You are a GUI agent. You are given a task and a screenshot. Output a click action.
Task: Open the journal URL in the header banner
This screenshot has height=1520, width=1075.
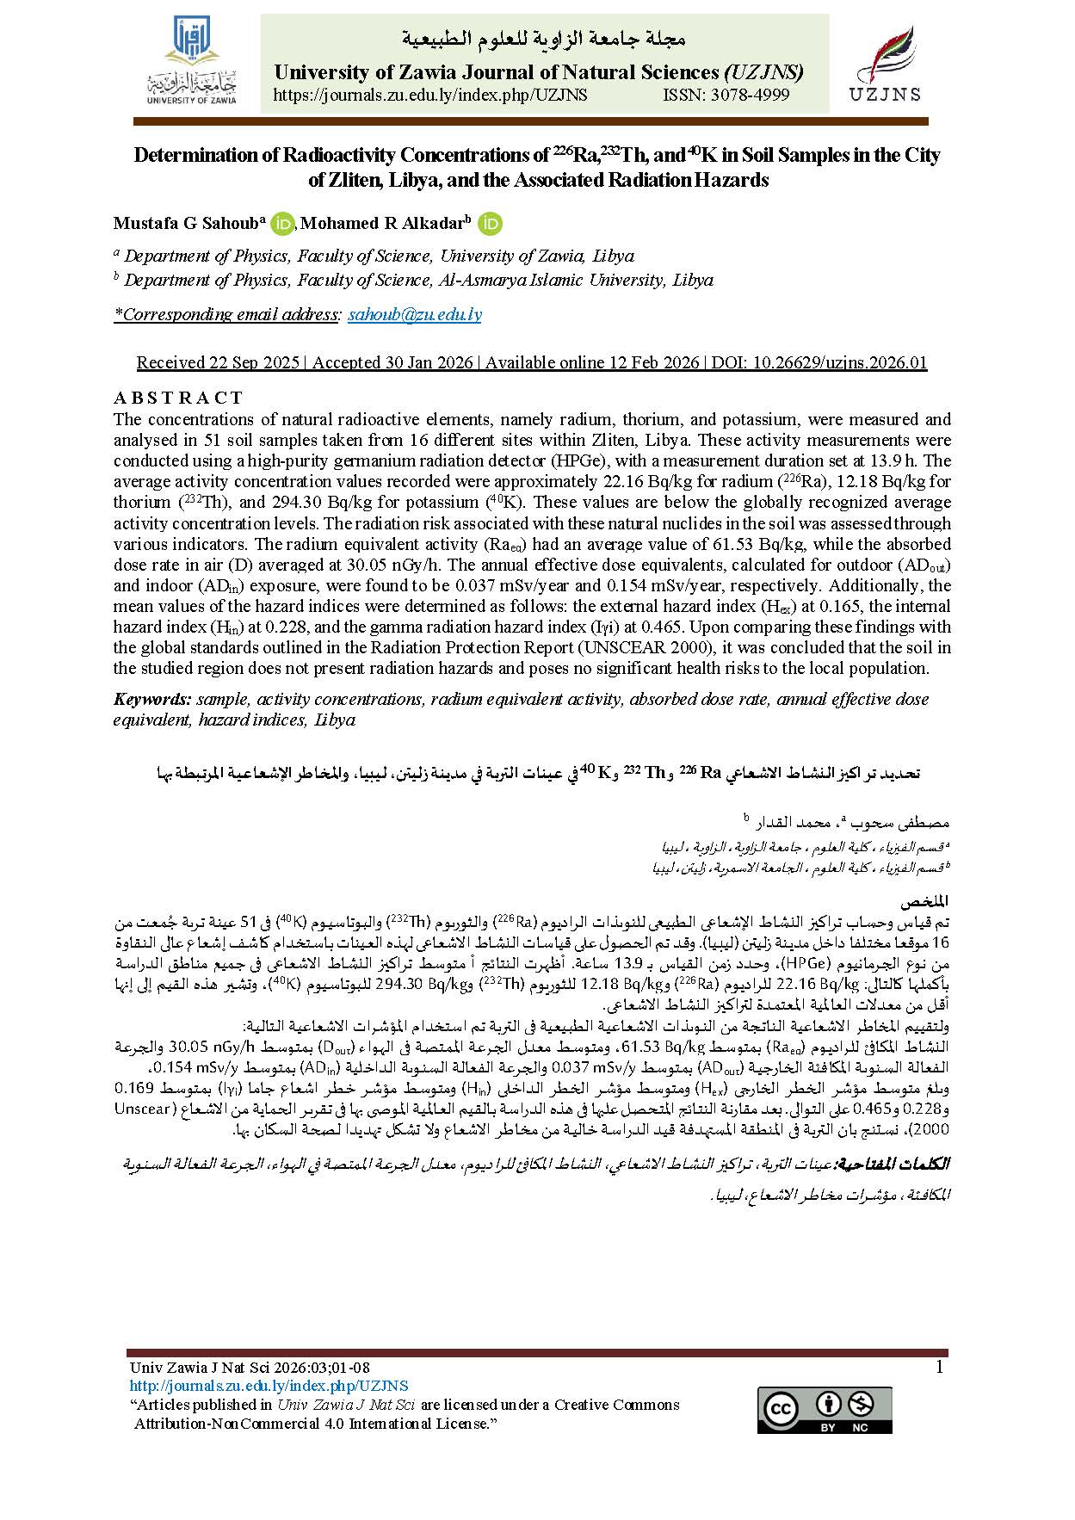point(429,96)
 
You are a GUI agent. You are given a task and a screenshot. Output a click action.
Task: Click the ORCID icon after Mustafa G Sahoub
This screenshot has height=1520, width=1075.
point(281,224)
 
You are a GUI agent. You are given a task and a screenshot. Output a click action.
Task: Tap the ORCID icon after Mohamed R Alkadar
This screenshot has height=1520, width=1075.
point(491,224)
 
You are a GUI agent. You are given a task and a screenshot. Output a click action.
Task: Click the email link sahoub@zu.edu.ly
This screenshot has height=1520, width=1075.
point(414,314)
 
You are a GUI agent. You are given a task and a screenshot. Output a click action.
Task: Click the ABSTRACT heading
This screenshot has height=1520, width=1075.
point(178,398)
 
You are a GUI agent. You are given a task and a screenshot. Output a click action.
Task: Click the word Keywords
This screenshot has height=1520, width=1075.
point(151,699)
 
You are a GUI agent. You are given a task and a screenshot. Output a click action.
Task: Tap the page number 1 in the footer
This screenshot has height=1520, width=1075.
point(939,1368)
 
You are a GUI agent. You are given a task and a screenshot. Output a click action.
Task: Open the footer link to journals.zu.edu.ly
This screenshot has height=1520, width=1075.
point(268,1386)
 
